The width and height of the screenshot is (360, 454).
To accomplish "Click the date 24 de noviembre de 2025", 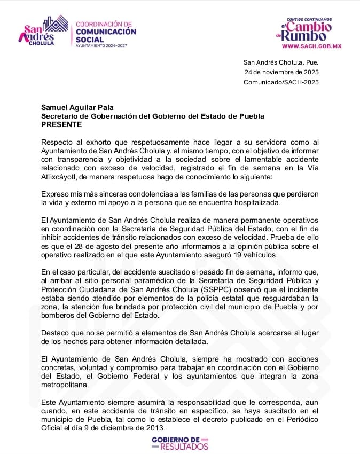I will click(281, 72).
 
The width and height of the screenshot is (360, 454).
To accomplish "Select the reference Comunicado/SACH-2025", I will click(281, 82).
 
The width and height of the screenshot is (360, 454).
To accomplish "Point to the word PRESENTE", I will click(61, 124).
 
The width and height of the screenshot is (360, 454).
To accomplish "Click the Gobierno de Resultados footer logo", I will click(180, 442).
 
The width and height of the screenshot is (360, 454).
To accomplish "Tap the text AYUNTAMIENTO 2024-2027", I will click(103, 46).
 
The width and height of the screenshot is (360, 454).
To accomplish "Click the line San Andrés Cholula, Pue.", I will click(281, 61).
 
